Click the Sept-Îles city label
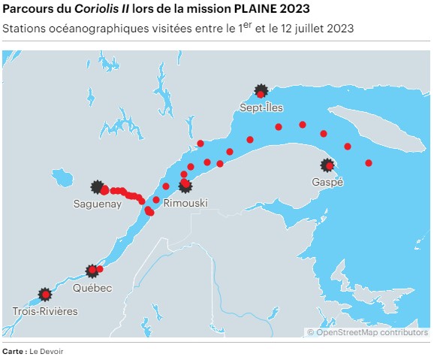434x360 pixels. click(x=261, y=108)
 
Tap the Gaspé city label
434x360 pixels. click(x=327, y=183)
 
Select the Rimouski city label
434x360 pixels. click(x=185, y=204)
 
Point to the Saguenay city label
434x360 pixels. click(x=98, y=204)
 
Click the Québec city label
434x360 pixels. click(x=92, y=289)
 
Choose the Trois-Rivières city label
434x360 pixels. click(x=45, y=310)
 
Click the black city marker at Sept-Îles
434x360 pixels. click(x=261, y=91)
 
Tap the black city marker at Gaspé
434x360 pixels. click(x=327, y=165)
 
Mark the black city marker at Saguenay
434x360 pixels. click(x=97, y=186)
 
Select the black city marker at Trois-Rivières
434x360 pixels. click(x=45, y=293)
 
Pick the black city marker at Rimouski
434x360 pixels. click(x=185, y=186)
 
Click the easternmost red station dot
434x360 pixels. click(x=369, y=163)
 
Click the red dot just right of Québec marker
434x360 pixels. click(x=100, y=269)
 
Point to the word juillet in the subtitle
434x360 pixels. click(x=298, y=29)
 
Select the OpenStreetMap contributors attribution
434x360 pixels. click(x=367, y=332)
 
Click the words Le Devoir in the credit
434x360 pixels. click(x=47, y=351)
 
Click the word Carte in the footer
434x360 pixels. click(x=14, y=351)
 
